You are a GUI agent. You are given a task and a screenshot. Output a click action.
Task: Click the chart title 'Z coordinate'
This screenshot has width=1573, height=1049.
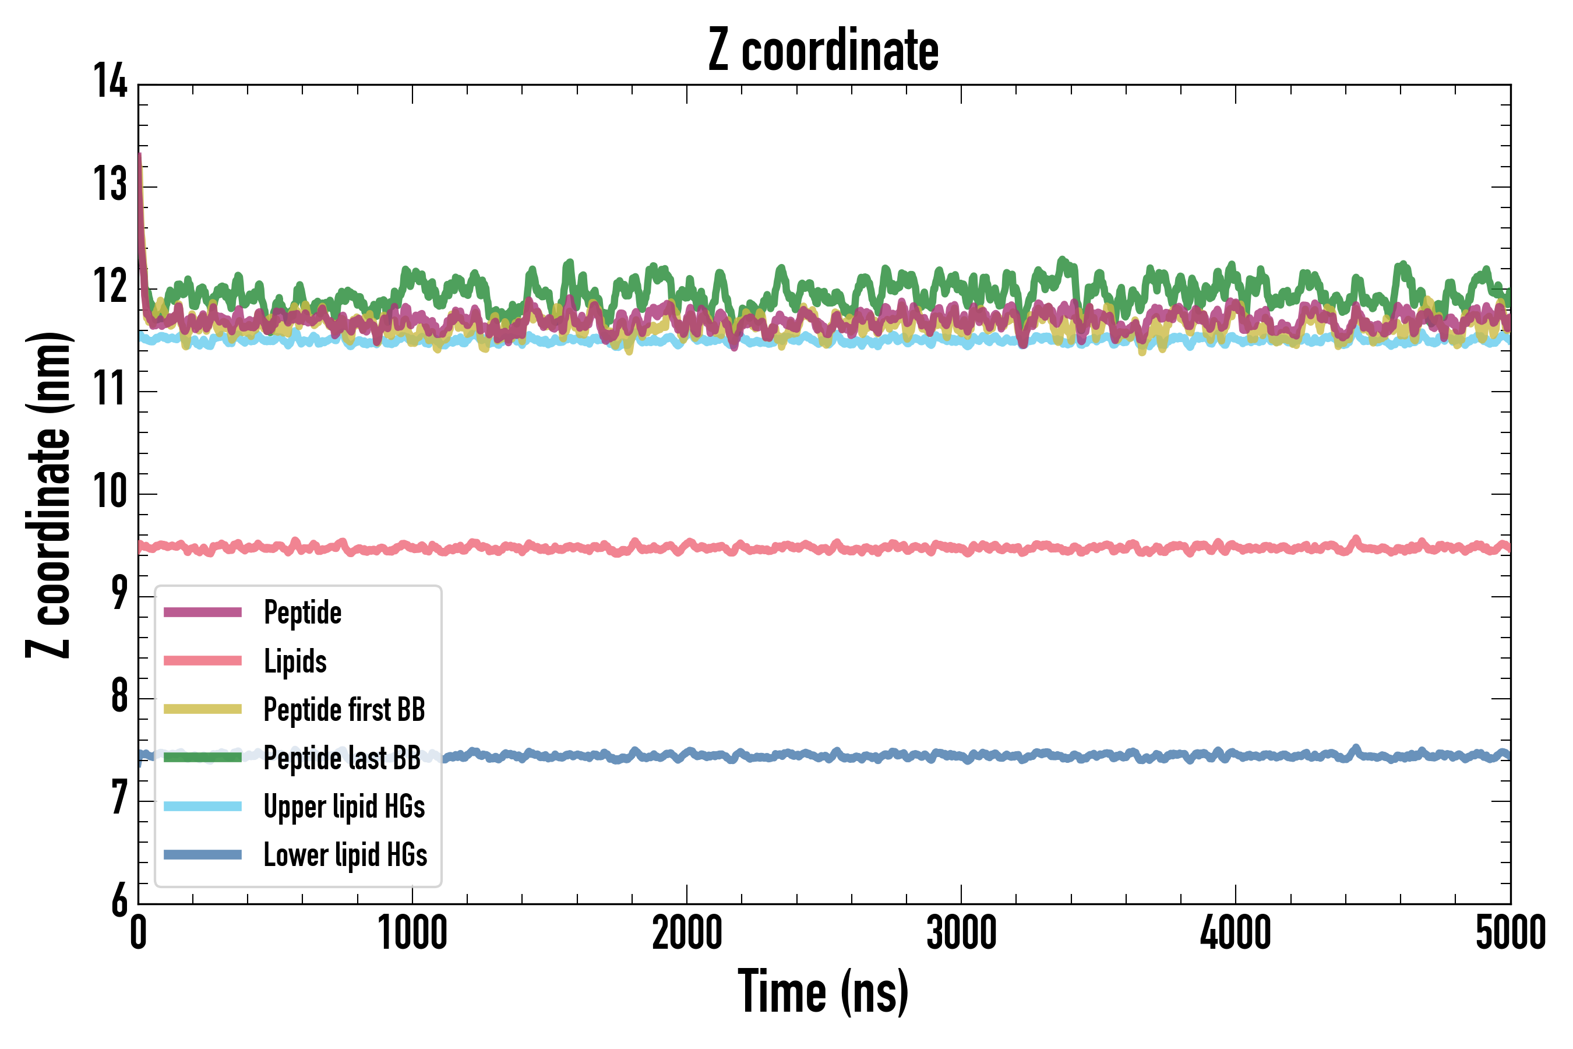tap(823, 51)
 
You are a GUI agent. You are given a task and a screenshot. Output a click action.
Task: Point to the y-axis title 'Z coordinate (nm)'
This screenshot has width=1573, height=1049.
tap(48, 495)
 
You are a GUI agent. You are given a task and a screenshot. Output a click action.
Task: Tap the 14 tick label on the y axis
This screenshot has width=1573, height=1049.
tap(110, 82)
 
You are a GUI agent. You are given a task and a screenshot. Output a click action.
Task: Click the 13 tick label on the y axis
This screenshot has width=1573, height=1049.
tap(110, 185)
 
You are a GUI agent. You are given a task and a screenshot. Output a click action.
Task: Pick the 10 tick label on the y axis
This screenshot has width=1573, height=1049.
tap(110, 492)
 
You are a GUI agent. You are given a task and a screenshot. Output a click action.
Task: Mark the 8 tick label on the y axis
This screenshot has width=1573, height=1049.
tap(119, 696)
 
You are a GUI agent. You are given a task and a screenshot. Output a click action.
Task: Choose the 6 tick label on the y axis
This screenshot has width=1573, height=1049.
tap(119, 900)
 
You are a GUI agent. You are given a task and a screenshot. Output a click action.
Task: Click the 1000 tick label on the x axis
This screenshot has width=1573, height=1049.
tap(412, 933)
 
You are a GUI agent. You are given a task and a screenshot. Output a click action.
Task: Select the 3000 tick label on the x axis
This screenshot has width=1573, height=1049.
tap(961, 933)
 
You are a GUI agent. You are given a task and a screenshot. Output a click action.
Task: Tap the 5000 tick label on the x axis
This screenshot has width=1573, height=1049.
tap(1510, 933)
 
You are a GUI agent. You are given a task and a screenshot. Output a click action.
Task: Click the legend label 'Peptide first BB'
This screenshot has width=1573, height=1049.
tap(344, 710)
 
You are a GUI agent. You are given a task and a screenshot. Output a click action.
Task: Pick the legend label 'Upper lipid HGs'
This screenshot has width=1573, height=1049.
tap(344, 807)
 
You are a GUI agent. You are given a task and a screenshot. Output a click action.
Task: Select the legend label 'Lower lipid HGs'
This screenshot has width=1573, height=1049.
tap(345, 855)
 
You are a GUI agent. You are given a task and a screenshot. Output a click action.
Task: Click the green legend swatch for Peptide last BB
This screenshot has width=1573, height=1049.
tap(203, 757)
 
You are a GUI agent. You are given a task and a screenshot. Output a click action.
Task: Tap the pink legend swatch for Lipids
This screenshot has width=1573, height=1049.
tap(203, 661)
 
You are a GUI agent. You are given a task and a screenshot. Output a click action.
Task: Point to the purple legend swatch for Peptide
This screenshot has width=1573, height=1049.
tap(203, 612)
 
